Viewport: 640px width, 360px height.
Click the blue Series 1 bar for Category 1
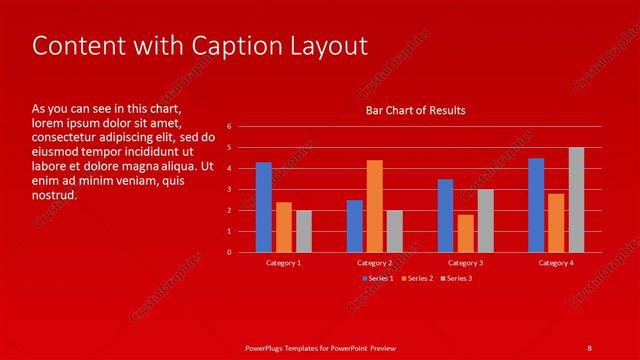coord(264,207)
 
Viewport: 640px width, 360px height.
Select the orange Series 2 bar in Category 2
coord(374,206)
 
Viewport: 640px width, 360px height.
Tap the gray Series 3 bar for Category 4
coord(576,200)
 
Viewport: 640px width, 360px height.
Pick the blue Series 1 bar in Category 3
coord(445,216)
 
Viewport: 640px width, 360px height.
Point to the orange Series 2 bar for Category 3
coord(465,233)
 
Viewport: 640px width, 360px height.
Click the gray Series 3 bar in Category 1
coord(304,231)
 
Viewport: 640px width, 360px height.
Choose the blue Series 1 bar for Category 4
coord(536,205)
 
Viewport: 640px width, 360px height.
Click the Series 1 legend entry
coord(377,278)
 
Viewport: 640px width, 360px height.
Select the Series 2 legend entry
coord(417,278)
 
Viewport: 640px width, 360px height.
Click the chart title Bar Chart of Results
coord(415,110)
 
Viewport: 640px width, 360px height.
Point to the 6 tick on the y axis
coord(230,127)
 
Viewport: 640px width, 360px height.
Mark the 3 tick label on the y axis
coord(230,189)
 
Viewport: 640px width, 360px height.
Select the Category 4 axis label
coord(556,262)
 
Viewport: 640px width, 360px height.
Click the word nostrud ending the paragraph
coord(55,195)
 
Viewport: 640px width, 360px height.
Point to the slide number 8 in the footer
coord(589,347)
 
